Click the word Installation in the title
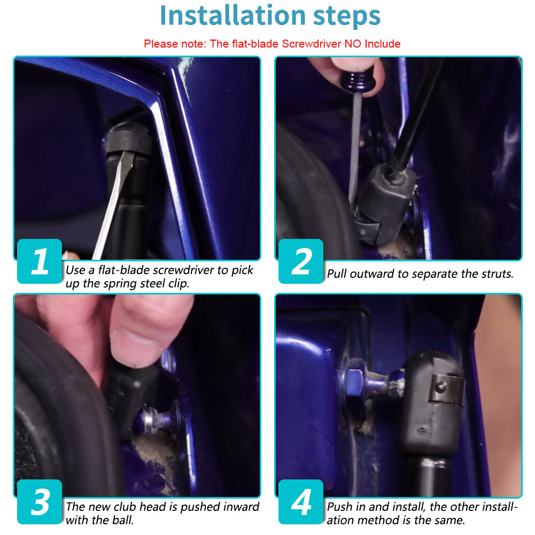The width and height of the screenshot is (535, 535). coord(232,15)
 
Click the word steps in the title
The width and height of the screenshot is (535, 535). coord(347,17)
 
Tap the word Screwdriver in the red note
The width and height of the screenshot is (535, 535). coord(312,44)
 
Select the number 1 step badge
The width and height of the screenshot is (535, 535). coord(40,261)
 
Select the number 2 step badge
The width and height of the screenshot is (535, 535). coord(301,261)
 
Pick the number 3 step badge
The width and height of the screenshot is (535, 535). coord(40,502)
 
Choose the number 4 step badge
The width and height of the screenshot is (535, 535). coord(301,502)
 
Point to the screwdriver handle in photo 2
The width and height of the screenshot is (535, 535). coord(358,82)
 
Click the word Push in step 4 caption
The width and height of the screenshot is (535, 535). coord(339,507)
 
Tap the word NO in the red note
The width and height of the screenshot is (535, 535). coord(353,44)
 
